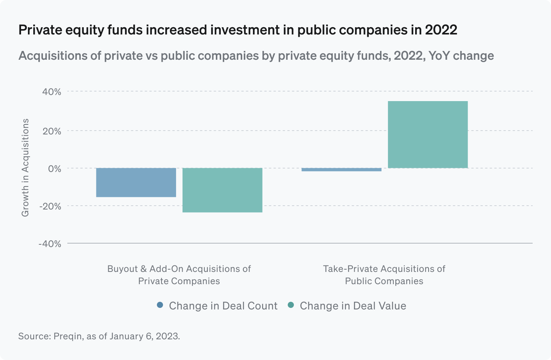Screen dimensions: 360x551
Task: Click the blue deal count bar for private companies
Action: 136,182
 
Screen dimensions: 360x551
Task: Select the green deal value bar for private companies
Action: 222,190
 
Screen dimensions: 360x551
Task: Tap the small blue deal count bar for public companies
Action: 341,170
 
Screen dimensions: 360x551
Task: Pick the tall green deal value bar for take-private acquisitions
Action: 428,134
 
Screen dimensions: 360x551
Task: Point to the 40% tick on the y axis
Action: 52,92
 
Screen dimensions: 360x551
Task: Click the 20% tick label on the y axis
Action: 52,131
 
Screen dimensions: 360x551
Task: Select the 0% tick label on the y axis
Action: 54,169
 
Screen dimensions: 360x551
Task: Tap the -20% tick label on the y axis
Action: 50,206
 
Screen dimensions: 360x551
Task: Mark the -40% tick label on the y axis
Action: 50,244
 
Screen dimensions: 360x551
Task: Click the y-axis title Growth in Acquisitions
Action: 25,168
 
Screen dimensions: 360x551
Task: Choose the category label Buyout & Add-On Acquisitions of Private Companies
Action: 179,275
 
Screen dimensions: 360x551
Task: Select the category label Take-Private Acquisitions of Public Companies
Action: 384,275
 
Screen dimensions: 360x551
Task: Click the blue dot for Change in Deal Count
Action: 160,305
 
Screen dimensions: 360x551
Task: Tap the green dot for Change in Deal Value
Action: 291,305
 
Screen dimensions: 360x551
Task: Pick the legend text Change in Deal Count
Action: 223,306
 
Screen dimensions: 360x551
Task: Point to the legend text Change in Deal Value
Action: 353,306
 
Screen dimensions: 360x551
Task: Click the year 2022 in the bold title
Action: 441,30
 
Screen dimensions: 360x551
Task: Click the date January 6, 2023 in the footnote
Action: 144,336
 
